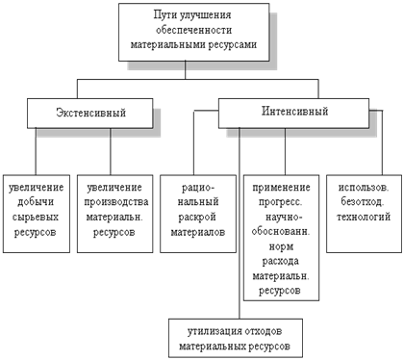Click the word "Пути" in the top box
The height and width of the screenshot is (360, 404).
coord(164,15)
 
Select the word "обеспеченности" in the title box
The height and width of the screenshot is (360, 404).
coord(193,30)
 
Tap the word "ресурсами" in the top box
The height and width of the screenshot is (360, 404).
coord(232,44)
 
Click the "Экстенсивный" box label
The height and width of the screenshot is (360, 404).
coord(90,113)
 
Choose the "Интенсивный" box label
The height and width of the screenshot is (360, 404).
coord(294,111)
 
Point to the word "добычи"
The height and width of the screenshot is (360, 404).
coord(36,202)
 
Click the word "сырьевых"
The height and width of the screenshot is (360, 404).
coord(36,218)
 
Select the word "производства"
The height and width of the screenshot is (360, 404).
coord(116,202)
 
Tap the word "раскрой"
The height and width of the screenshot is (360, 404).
coord(197,218)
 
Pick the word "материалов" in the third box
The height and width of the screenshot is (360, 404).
coord(198,232)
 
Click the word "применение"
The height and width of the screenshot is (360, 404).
coord(281,188)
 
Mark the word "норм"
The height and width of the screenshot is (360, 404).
coord(281,246)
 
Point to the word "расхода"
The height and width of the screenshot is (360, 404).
coord(281,262)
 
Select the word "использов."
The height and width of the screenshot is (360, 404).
coord(364,188)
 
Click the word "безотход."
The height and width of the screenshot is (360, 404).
coord(362,202)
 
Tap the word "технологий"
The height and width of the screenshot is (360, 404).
coord(364,217)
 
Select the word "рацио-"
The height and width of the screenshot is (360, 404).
coord(198,188)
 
